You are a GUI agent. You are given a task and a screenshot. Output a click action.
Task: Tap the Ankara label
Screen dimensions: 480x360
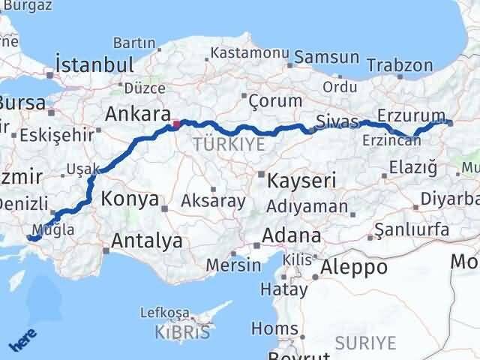click(137, 115)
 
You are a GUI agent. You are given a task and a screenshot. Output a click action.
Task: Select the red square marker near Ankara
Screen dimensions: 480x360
click(175, 124)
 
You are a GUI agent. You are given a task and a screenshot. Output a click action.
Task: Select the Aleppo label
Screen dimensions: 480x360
click(353, 266)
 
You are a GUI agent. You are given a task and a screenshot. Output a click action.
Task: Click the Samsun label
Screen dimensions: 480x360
click(326, 57)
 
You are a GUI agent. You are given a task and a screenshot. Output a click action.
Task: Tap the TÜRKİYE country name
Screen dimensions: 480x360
click(229, 144)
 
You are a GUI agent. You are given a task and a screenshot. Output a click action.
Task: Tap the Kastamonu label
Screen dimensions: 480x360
click(250, 54)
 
